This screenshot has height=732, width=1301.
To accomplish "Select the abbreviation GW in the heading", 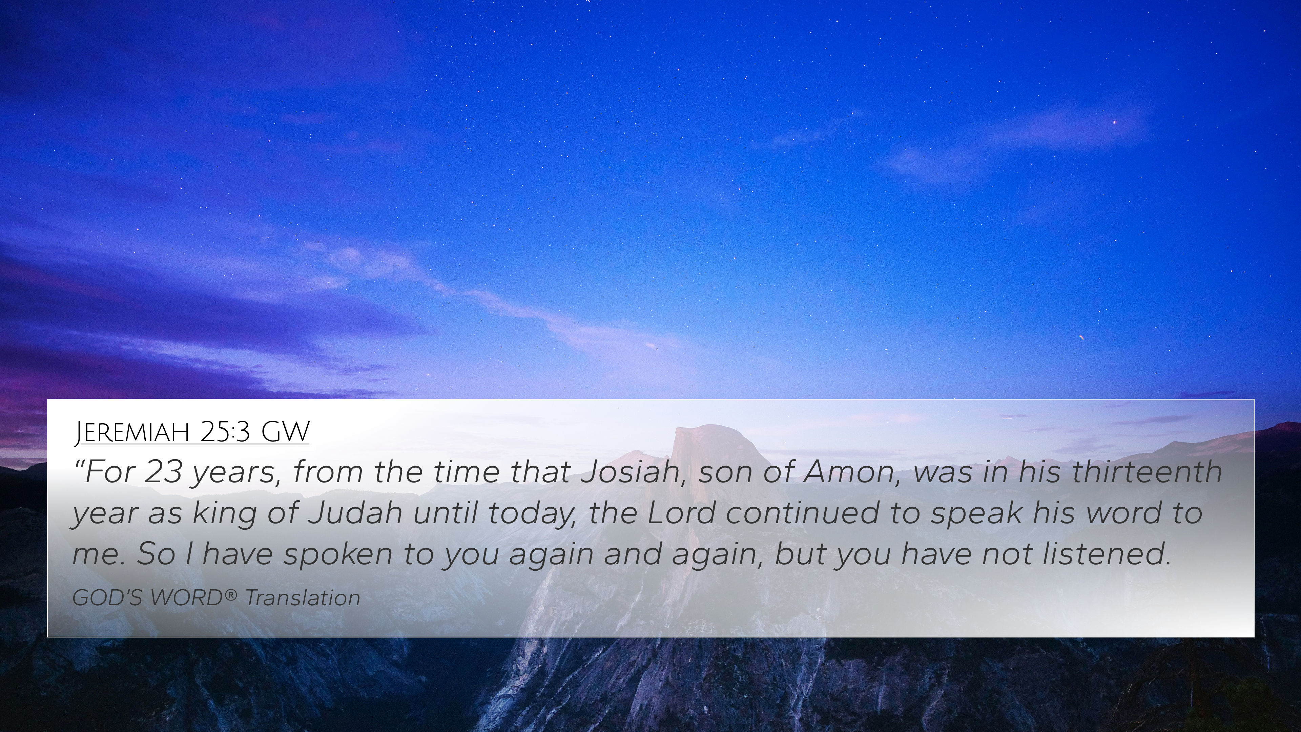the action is click(285, 432).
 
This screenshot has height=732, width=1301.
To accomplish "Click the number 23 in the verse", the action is click(163, 471).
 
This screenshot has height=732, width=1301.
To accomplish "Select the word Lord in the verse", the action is click(681, 512).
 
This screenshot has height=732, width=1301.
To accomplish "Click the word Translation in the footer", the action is click(303, 598).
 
